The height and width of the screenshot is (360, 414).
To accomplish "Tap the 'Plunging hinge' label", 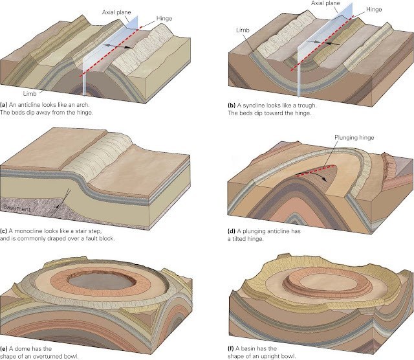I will (x=355, y=138).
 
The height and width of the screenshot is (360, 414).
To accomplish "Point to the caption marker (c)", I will (x=5, y=231).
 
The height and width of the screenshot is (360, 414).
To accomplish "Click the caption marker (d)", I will (x=232, y=231).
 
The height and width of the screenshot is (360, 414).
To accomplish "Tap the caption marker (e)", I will (x=5, y=348).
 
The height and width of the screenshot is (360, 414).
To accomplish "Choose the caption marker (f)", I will (x=232, y=348).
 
